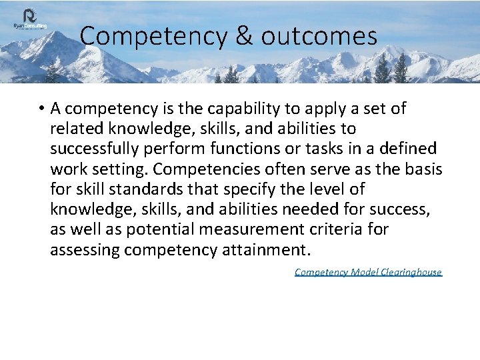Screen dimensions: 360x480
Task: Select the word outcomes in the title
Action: coord(319,36)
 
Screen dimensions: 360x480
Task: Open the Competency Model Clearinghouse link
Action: coord(368,272)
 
